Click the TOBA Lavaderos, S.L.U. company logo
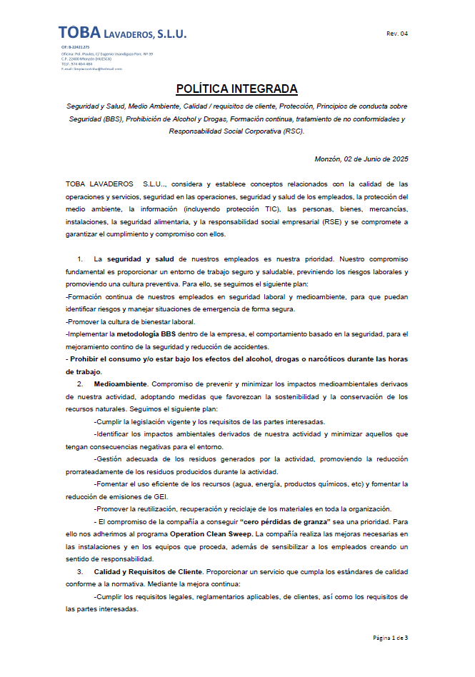(x=122, y=32)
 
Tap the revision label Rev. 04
(x=397, y=34)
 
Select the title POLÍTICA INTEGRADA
(x=236, y=89)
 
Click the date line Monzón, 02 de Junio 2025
(x=361, y=159)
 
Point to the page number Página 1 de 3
(x=390, y=637)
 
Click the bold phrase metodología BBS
(x=146, y=334)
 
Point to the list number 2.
(x=80, y=384)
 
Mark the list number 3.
(x=80, y=572)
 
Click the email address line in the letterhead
(x=91, y=69)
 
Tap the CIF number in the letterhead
(x=75, y=47)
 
